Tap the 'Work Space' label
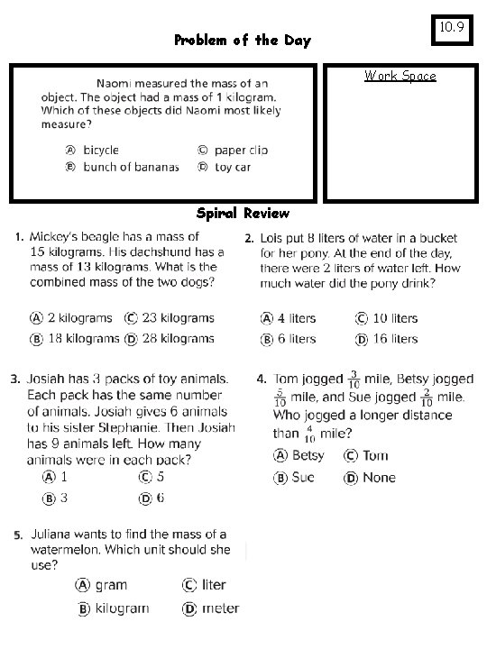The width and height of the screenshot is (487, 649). point(400,76)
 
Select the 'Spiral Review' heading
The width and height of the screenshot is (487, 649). point(243,214)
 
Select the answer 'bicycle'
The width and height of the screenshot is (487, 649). point(101,151)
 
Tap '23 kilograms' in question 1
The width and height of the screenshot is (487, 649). point(176,317)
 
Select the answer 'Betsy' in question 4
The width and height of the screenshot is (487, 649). point(308,456)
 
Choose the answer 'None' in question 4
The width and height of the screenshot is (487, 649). point(379,478)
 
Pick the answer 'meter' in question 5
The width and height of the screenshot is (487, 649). point(220,608)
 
